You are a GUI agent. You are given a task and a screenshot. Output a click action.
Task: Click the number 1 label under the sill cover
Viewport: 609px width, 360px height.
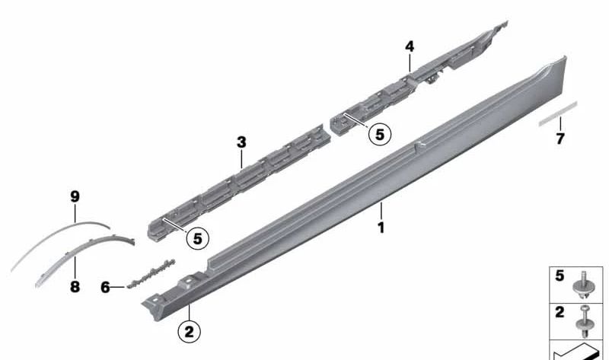click(x=381, y=227)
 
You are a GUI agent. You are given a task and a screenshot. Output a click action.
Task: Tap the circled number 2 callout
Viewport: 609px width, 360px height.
click(x=190, y=331)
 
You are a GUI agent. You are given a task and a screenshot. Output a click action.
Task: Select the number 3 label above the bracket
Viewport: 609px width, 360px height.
click(x=241, y=142)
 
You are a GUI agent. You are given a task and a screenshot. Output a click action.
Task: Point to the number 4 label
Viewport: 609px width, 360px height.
click(x=410, y=46)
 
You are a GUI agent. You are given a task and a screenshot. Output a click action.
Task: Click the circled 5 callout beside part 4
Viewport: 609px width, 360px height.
click(x=379, y=135)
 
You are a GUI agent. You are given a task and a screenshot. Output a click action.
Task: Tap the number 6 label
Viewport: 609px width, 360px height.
click(x=106, y=287)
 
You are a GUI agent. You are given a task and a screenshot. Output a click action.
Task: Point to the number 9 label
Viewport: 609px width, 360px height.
click(x=75, y=197)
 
